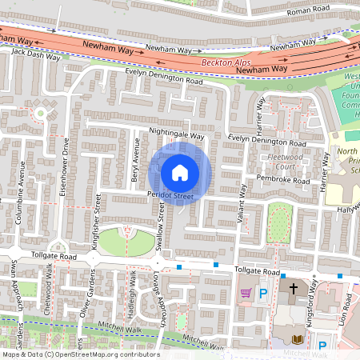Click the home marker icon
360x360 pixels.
click(x=180, y=173)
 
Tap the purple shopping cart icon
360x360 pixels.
click(x=246, y=294)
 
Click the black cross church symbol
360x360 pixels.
click(x=293, y=289)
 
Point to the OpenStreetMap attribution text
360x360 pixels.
click(x=80, y=354)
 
